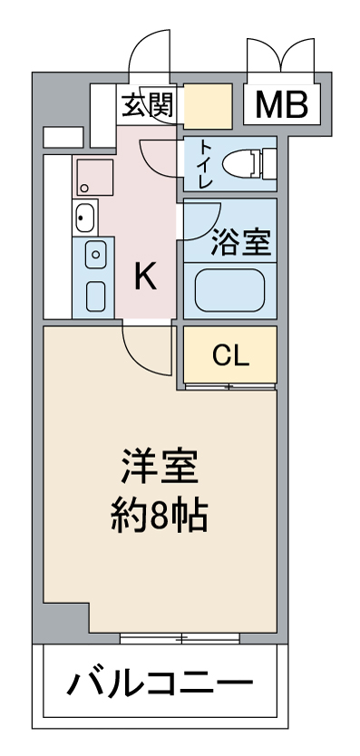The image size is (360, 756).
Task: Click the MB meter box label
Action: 281,104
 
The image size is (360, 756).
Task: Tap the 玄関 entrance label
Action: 147,104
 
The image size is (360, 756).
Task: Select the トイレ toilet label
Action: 205,164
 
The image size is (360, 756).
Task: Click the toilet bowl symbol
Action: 249,164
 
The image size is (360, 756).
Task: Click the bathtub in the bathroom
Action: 229,290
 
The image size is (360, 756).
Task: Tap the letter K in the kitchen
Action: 145,277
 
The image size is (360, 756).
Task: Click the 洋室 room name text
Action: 160,466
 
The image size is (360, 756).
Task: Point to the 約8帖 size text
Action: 160,515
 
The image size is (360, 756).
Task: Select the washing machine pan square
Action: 95,177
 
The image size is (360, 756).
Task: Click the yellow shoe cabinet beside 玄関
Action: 208,106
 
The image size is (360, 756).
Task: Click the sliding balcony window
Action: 180,639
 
